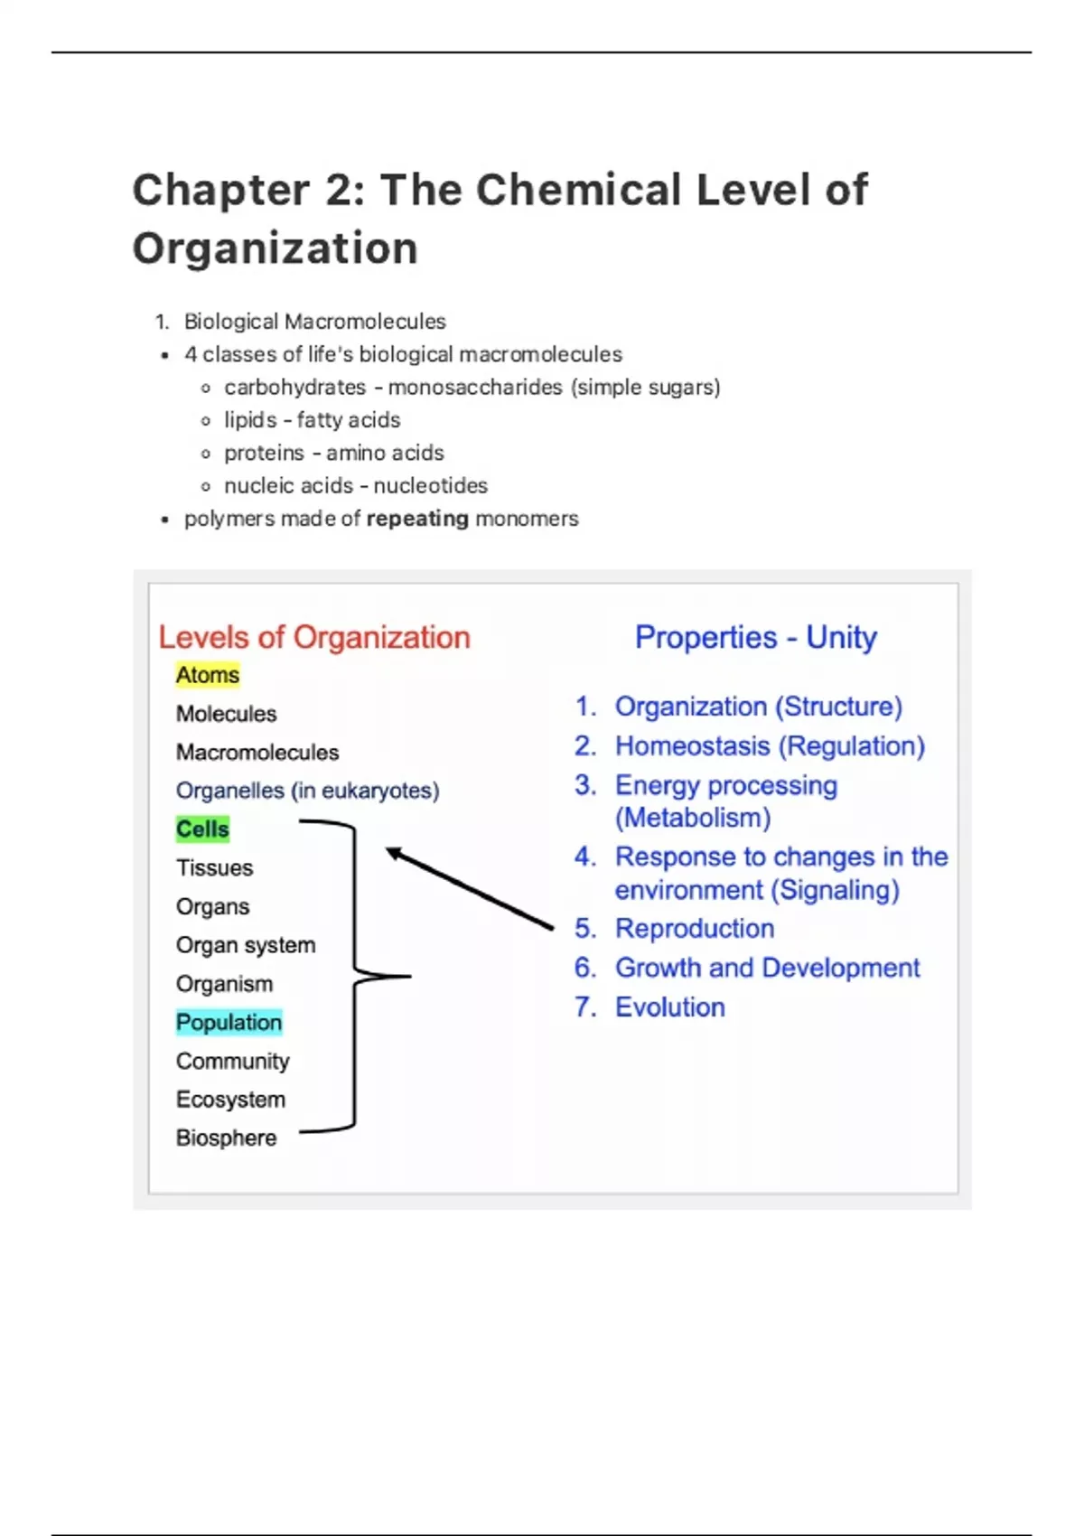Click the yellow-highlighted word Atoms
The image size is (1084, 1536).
pyautogui.click(x=208, y=675)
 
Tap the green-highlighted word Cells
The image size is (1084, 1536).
pyautogui.click(x=202, y=829)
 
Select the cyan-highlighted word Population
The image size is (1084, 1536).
pyautogui.click(x=229, y=1023)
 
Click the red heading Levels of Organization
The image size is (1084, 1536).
pyautogui.click(x=314, y=637)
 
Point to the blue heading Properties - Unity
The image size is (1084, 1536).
pyautogui.click(x=755, y=637)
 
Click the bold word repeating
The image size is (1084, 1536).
pyautogui.click(x=417, y=519)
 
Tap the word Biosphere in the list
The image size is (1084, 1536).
pyautogui.click(x=226, y=1138)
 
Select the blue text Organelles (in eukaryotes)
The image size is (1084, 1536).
pyautogui.click(x=307, y=791)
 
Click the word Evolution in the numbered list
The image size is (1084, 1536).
pyautogui.click(x=669, y=1007)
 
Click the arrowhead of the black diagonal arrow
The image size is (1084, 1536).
pyautogui.click(x=393, y=852)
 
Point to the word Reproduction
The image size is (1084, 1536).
pyautogui.click(x=694, y=929)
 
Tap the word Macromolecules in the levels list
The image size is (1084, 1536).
pyautogui.click(x=257, y=753)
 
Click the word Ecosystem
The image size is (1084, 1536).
pyautogui.click(x=230, y=1100)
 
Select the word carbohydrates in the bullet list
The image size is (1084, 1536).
pyautogui.click(x=294, y=388)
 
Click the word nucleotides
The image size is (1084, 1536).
pyautogui.click(x=430, y=486)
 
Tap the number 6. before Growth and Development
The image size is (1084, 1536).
pyautogui.click(x=585, y=968)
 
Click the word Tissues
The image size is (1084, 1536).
pyautogui.click(x=214, y=868)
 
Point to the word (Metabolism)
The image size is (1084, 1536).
pyautogui.click(x=693, y=818)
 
